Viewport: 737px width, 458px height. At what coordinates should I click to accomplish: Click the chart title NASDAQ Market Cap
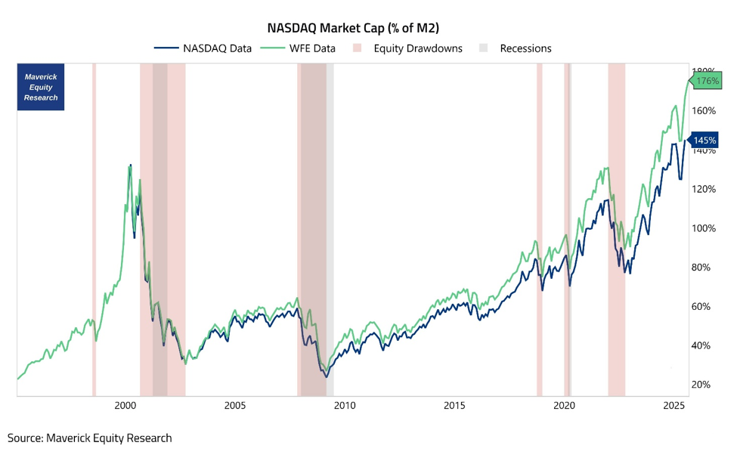click(x=353, y=28)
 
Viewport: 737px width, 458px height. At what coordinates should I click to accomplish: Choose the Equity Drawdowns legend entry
click(x=407, y=48)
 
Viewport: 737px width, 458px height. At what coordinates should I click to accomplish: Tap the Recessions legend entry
click(x=516, y=48)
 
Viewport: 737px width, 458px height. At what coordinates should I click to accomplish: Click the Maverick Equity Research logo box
click(x=41, y=88)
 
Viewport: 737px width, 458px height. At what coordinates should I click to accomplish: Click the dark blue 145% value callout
click(x=704, y=141)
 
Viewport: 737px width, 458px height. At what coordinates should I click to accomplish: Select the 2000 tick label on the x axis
click(x=125, y=406)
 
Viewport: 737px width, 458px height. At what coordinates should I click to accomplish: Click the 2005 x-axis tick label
click(x=235, y=406)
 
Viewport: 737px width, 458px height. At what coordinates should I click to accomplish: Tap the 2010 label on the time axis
click(x=345, y=406)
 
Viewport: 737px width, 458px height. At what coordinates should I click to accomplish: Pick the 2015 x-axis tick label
click(x=454, y=406)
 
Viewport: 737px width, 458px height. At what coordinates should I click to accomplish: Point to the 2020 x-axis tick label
click(x=565, y=406)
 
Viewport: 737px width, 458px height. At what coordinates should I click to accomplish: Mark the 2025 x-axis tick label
click(x=674, y=406)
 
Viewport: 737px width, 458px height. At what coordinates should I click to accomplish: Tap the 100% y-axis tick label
click(x=704, y=228)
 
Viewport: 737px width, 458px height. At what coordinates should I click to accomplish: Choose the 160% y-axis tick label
click(x=704, y=111)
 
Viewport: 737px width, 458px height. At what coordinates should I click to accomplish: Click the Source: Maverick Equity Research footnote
click(x=90, y=438)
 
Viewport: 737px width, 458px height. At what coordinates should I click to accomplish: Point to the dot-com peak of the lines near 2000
click(x=130, y=165)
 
